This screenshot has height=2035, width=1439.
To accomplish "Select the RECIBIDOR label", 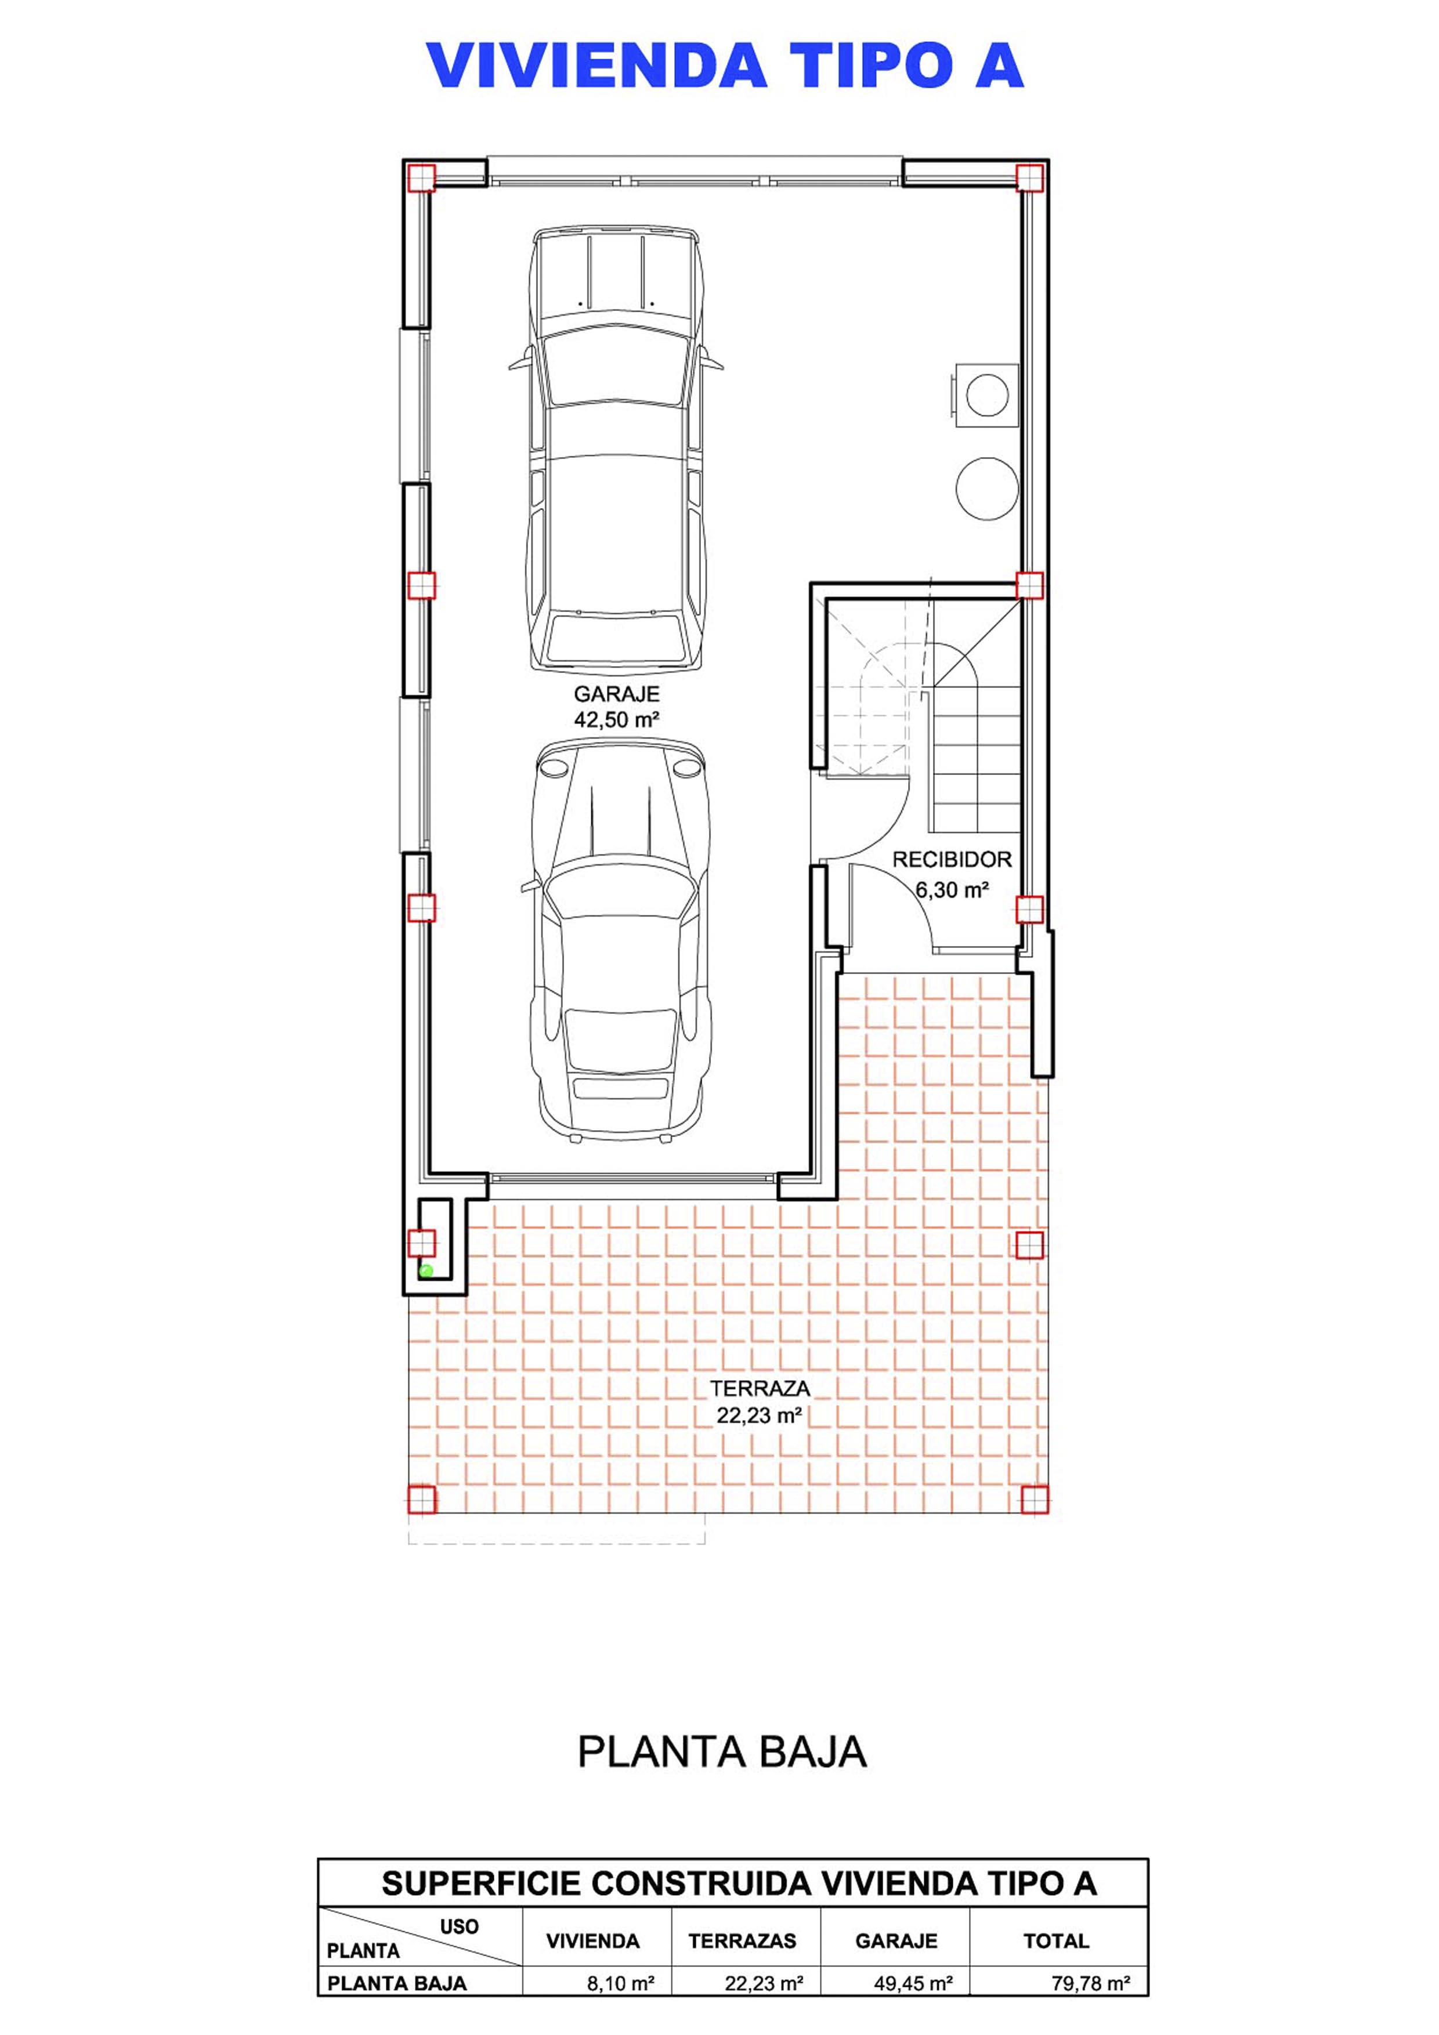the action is (952, 859).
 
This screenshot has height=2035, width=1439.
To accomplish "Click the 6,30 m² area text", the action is (952, 889).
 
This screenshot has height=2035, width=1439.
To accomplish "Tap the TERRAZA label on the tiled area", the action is (760, 1388).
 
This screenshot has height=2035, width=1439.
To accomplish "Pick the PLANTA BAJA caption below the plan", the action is (722, 1752).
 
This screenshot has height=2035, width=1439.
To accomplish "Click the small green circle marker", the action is (425, 1270).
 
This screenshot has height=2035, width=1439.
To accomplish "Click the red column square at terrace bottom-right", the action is (1034, 1499).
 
